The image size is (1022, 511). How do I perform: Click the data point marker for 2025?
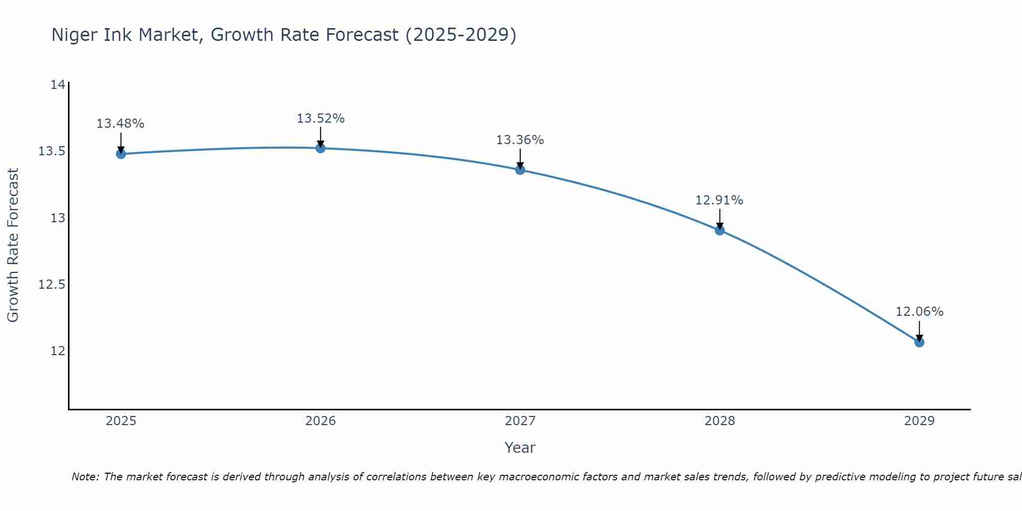pos(121,154)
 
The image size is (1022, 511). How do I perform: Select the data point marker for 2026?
pos(320,148)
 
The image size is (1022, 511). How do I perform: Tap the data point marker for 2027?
pos(520,170)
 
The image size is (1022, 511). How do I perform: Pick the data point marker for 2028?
pos(719,230)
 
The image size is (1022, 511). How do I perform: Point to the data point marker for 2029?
pos(919,342)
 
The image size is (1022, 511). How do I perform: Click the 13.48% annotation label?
pos(121,124)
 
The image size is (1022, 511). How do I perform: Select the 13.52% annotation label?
pos(320,119)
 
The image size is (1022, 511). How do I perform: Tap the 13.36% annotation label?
pos(520,140)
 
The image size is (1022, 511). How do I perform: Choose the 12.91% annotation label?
pos(719,200)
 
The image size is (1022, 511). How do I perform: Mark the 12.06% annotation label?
pos(919,312)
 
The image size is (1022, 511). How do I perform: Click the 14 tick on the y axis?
pos(58,85)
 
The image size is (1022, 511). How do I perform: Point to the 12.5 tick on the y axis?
pos(52,285)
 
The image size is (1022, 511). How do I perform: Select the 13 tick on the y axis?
pos(58,218)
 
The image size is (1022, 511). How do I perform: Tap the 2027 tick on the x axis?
pos(520,421)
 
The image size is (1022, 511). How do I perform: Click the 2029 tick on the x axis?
pos(919,421)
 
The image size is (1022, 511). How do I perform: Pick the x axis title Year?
pos(520,448)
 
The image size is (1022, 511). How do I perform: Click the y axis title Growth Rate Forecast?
pos(13,245)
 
